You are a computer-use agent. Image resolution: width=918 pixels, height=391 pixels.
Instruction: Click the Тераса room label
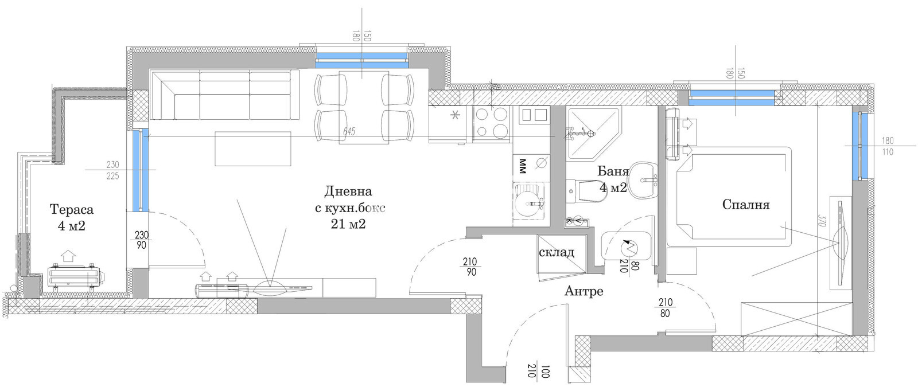[x=71, y=210]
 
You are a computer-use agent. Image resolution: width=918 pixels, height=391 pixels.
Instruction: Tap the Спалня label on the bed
[x=745, y=205]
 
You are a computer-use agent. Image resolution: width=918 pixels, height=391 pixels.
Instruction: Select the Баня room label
[x=613, y=171]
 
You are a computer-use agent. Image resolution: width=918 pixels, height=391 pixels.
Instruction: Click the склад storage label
[x=556, y=252]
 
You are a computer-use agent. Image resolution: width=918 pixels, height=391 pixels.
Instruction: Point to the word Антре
[x=584, y=291]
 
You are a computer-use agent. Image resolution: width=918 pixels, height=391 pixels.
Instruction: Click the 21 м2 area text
[x=348, y=224]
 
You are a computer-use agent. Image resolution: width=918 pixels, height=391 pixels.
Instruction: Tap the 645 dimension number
[x=349, y=132]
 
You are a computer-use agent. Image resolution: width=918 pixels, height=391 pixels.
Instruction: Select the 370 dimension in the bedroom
[x=822, y=221]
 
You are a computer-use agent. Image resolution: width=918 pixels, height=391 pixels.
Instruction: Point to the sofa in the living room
[x=224, y=95]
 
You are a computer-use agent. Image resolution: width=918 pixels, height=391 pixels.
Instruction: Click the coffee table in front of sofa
[x=252, y=148]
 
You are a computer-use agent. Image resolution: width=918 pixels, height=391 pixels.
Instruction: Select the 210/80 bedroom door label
[x=666, y=308]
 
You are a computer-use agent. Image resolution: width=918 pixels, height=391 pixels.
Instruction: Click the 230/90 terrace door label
[x=141, y=240]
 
